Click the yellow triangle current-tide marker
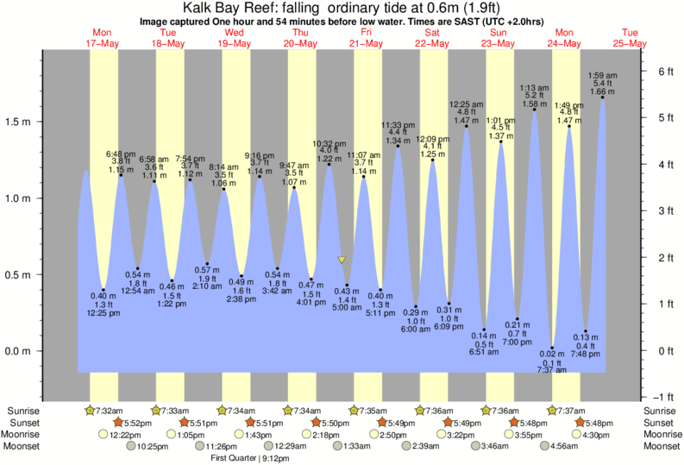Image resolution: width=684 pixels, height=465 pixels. pos(342,259)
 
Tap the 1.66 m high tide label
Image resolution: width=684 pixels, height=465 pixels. pos(602,91)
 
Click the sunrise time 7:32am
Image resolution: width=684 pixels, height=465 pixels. pos(106,410)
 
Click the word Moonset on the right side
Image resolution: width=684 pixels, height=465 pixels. pos(662,446)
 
